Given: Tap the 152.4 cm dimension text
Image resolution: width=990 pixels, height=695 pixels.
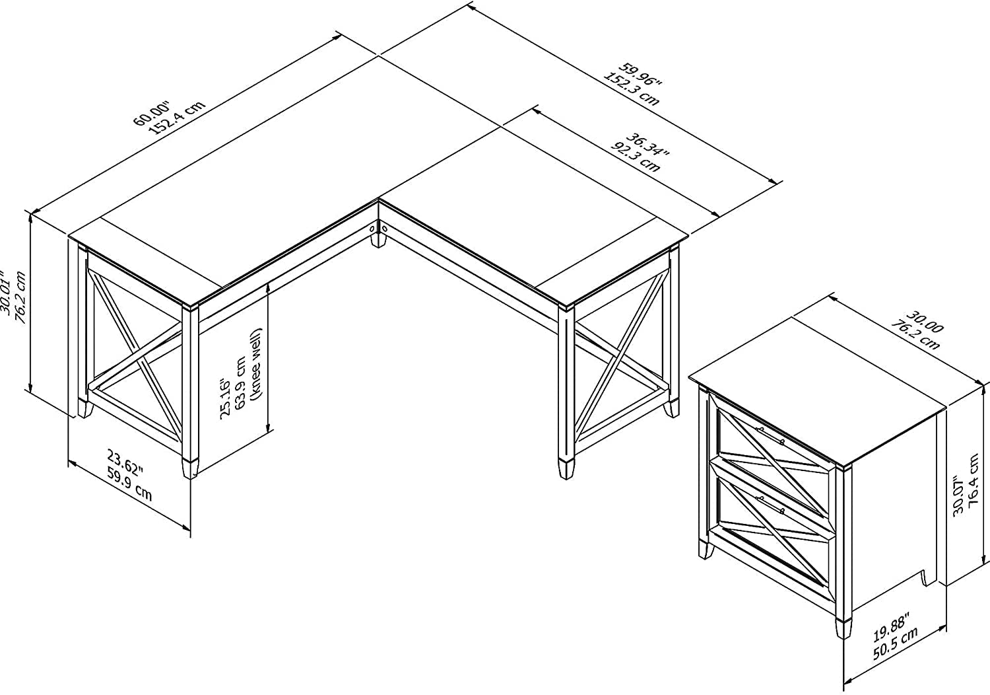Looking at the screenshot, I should (x=178, y=118).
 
